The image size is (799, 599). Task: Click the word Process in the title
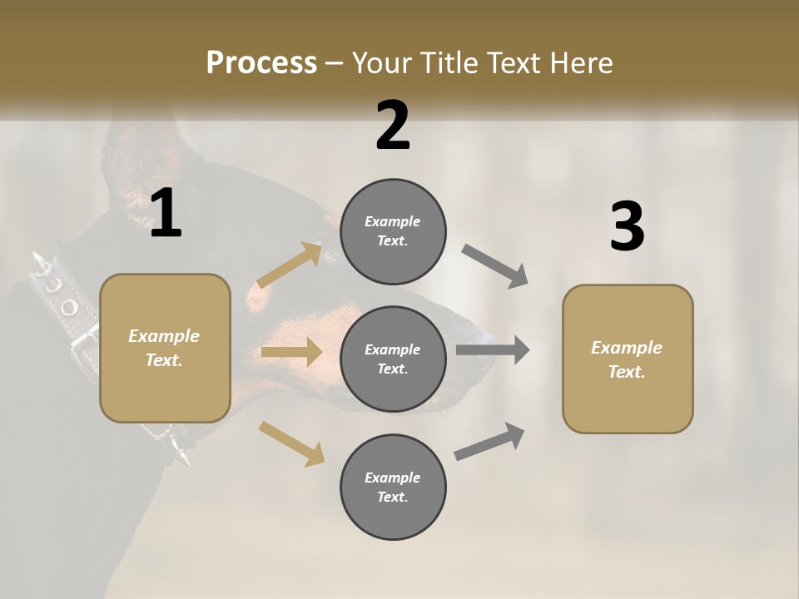click(261, 63)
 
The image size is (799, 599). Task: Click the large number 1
click(166, 214)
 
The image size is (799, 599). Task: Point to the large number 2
click(393, 126)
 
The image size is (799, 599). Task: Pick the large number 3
click(627, 227)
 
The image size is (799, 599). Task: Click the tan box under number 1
click(165, 348)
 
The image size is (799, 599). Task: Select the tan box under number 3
click(628, 359)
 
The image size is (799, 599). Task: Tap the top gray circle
click(393, 231)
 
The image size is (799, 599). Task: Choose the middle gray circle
click(393, 359)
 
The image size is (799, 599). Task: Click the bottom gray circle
click(393, 488)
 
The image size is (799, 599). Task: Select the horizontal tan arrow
click(291, 352)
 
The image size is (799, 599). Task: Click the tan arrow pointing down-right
click(291, 443)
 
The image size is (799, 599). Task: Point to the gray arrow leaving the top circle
click(495, 266)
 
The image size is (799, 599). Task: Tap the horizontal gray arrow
click(492, 350)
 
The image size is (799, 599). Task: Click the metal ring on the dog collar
click(68, 308)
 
